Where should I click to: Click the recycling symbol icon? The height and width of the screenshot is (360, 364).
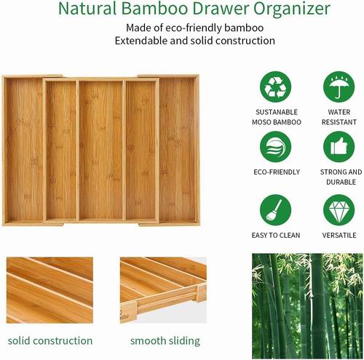pos(275,87)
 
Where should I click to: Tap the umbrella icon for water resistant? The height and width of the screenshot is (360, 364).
pos(339,87)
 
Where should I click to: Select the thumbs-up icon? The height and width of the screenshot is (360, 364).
pos(339,147)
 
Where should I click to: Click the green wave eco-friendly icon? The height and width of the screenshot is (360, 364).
pos(275,147)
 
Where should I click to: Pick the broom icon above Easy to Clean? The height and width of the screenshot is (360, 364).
pos(275,210)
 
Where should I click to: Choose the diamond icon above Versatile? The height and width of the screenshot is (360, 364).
pos(339,210)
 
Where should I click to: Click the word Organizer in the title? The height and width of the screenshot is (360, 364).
pos(292,9)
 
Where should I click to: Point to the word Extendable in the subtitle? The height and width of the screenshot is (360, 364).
pos(141,41)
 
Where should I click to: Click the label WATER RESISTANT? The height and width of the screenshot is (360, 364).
pos(339,117)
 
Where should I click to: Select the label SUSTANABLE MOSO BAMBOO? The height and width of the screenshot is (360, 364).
pos(277,117)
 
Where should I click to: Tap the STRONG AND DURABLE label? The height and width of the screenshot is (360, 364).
pos(341,177)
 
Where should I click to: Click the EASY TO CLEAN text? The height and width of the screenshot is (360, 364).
pos(276,235)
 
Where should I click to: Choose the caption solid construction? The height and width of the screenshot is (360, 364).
pos(50,340)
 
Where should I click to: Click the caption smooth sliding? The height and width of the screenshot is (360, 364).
pos(165,341)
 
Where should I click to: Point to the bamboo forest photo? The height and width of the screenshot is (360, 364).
pos(307,306)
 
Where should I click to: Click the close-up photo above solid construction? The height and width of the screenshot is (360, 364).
pos(50,290)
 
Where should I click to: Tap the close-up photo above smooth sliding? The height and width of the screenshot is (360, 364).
pos(163,290)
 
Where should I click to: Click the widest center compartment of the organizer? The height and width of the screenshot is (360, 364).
pos(101,150)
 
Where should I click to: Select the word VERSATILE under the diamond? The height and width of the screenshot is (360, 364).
pos(339,235)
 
